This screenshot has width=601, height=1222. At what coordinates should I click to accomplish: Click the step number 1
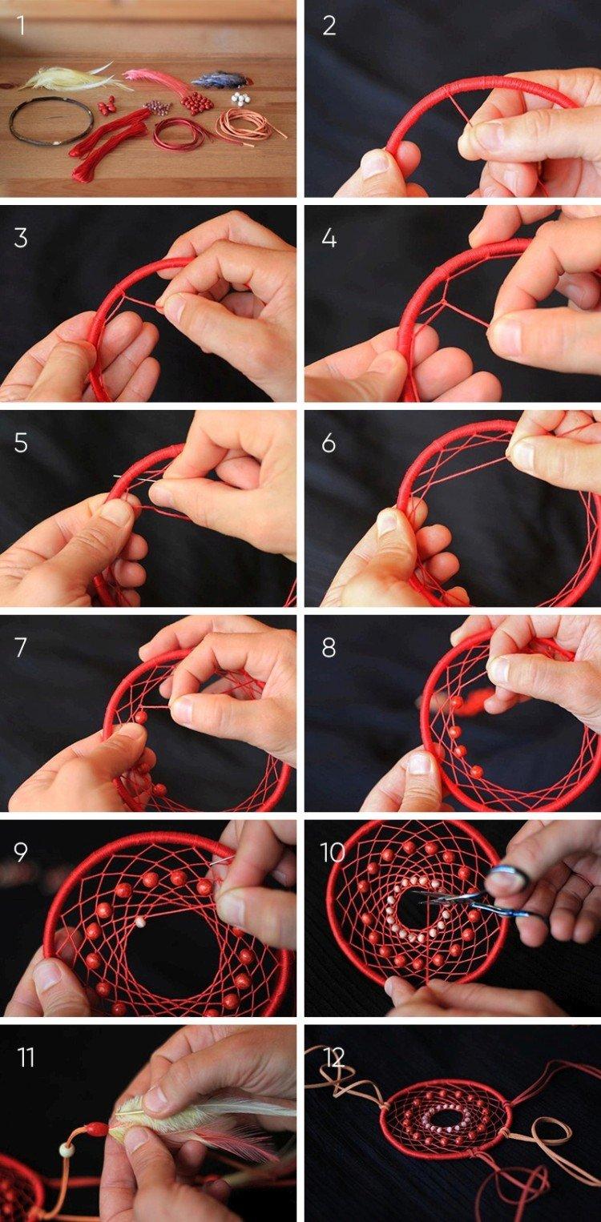(x=21, y=26)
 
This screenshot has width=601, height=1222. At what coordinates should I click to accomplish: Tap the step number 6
(x=329, y=443)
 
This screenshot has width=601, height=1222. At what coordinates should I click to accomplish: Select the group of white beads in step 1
(x=240, y=98)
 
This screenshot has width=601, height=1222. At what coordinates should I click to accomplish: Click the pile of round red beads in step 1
(x=196, y=103)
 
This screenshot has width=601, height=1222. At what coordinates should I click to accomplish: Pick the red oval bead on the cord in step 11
(x=95, y=1129)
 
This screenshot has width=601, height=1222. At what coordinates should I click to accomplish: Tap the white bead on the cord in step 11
(x=67, y=1149)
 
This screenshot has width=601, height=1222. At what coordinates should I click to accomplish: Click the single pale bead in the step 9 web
(x=140, y=923)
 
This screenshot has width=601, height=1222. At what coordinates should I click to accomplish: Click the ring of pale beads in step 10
(x=420, y=905)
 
